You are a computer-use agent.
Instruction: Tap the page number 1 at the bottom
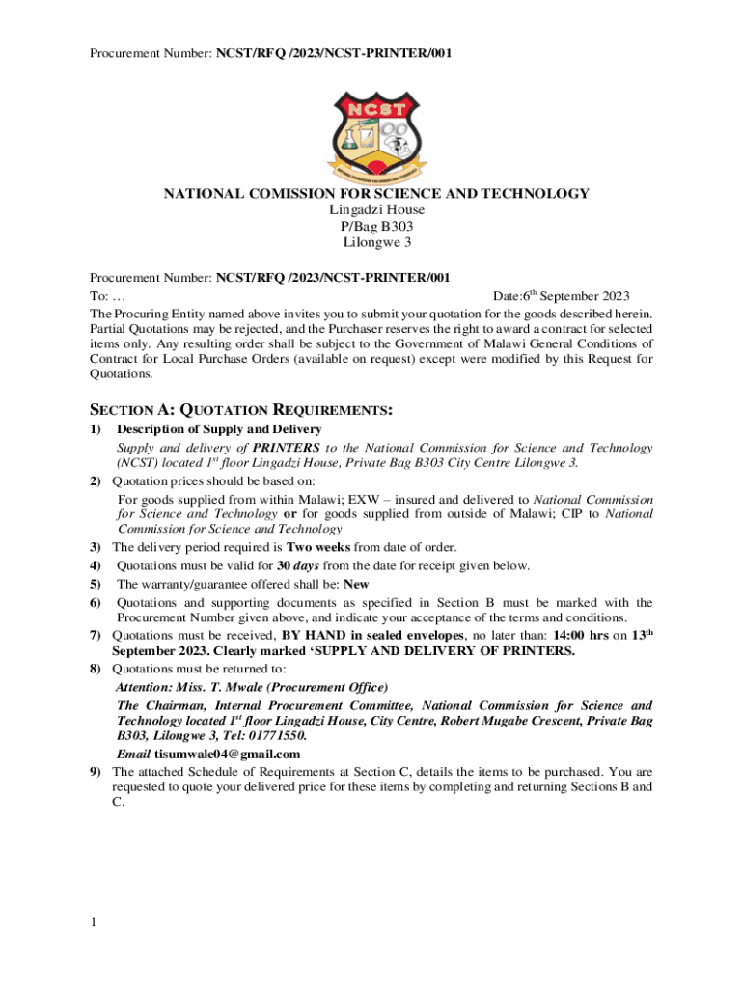pyautogui.click(x=94, y=923)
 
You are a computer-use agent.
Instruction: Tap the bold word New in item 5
pyautogui.click(x=356, y=584)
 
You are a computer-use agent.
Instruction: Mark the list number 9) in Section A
pyautogui.click(x=96, y=772)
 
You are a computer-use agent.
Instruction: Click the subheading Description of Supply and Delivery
pyautogui.click(x=219, y=428)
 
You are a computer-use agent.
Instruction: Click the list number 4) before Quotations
pyautogui.click(x=96, y=565)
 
